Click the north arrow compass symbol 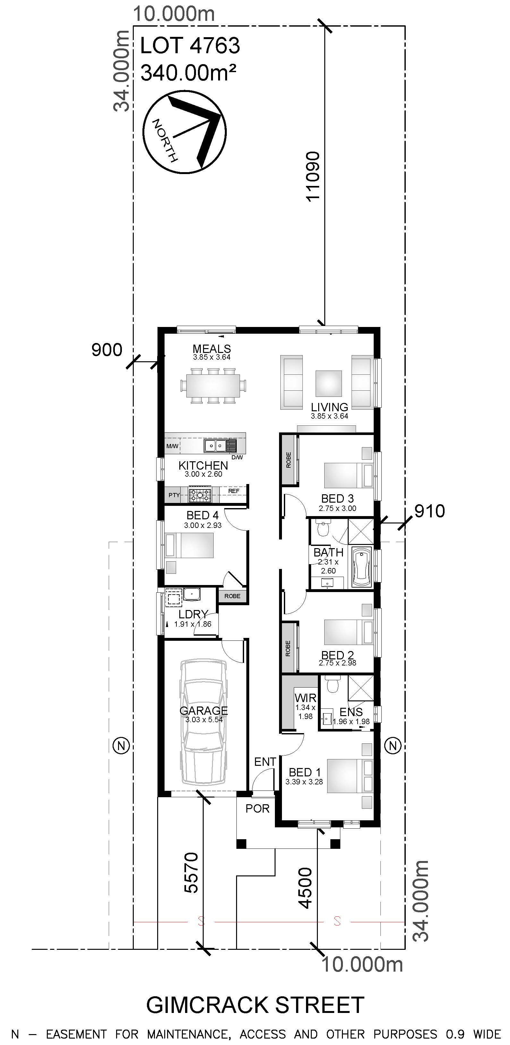pyautogui.click(x=185, y=132)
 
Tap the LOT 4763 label pyautogui.click(x=190, y=46)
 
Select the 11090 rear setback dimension pyautogui.click(x=313, y=177)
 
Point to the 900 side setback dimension pyautogui.click(x=107, y=350)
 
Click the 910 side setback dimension pyautogui.click(x=429, y=511)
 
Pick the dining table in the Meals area pyautogui.click(x=213, y=385)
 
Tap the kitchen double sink pyautogui.click(x=215, y=446)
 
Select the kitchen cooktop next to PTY pyautogui.click(x=200, y=495)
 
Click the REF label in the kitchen pyautogui.click(x=234, y=491)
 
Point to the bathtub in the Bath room pyautogui.click(x=362, y=567)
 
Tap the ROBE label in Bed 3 pyautogui.click(x=289, y=460)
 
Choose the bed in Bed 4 pyautogui.click(x=189, y=546)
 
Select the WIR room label pyautogui.click(x=305, y=698)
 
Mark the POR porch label pyautogui.click(x=258, y=809)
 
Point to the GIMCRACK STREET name pyautogui.click(x=255, y=1005)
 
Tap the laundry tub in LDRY pyautogui.click(x=191, y=594)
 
